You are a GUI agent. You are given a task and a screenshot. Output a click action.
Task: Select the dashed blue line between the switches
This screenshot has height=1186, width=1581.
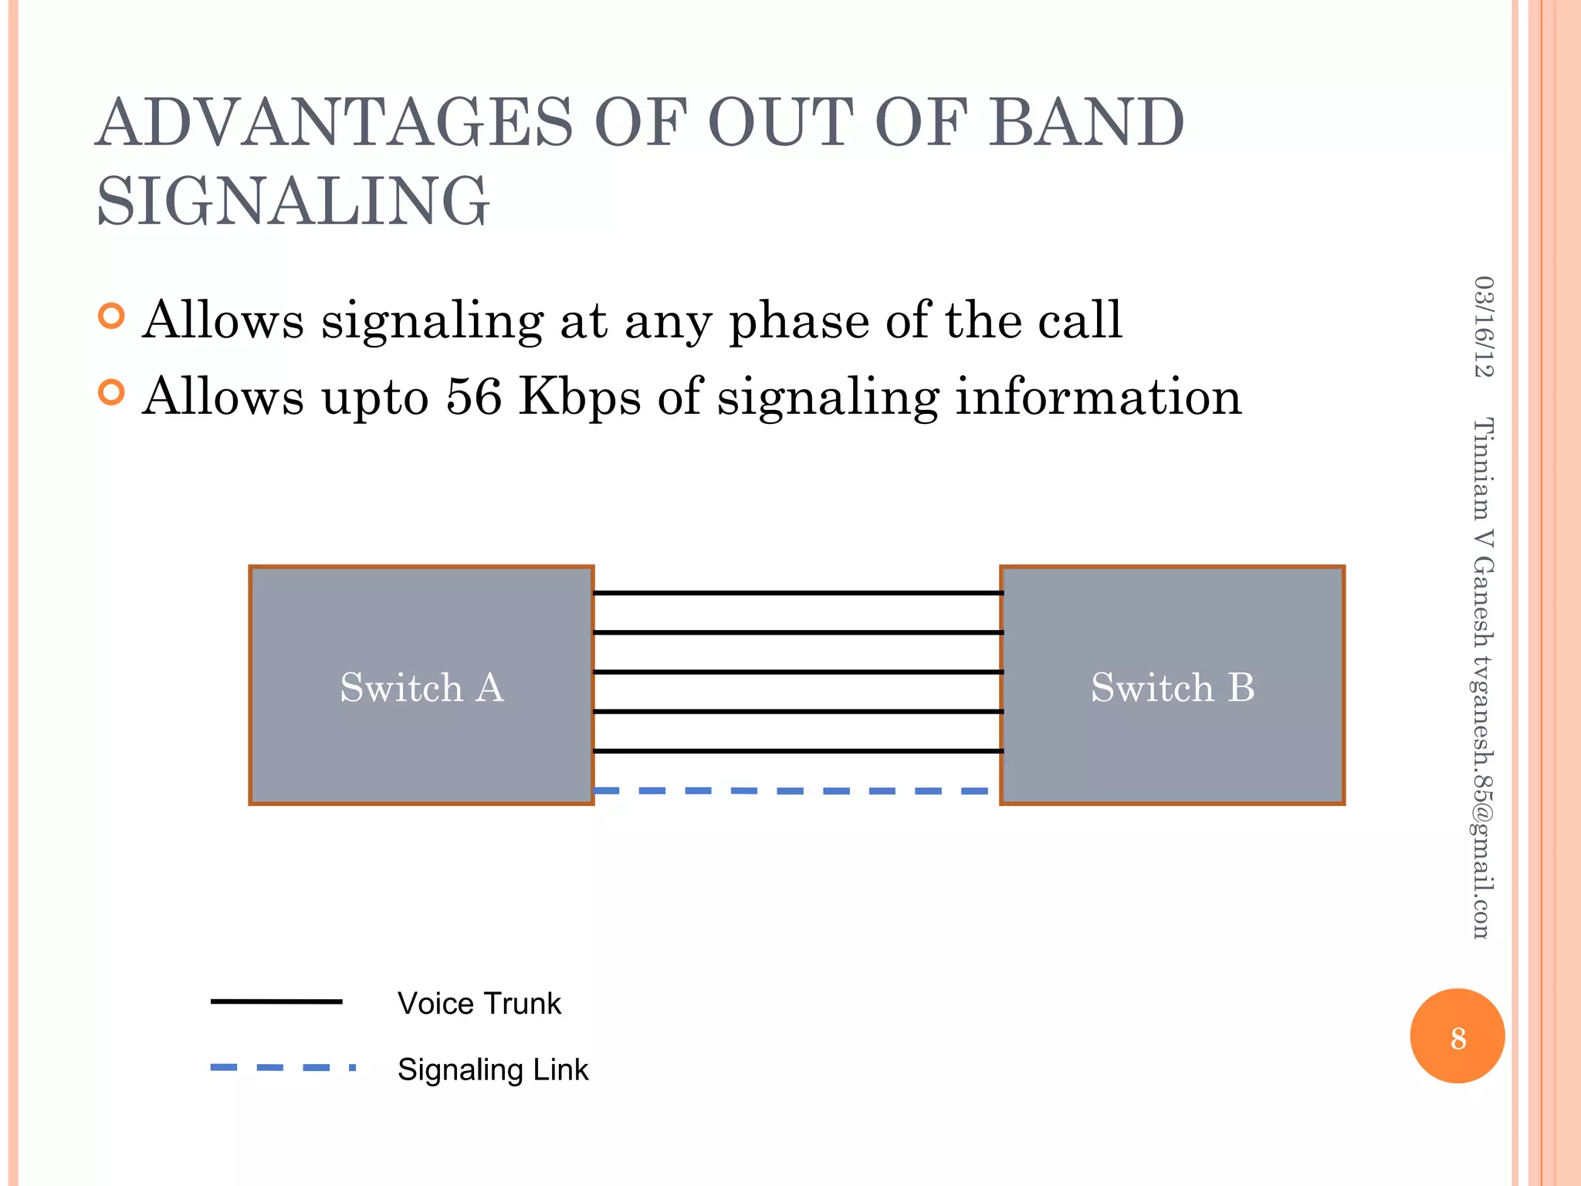click(795, 791)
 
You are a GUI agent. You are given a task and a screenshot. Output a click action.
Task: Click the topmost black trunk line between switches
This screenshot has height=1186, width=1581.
click(797, 593)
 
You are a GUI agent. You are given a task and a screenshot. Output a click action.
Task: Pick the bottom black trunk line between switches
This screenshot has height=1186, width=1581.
click(797, 751)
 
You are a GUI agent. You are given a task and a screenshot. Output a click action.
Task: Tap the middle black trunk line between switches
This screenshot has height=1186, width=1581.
click(797, 672)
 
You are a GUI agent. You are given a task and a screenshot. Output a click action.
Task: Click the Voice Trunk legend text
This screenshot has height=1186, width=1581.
click(479, 1004)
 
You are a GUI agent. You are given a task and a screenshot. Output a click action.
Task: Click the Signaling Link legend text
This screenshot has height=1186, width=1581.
click(493, 1070)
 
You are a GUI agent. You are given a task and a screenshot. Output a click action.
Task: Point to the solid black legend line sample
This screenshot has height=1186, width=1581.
click(276, 1001)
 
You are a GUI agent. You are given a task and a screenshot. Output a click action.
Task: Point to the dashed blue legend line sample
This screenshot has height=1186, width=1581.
click(282, 1068)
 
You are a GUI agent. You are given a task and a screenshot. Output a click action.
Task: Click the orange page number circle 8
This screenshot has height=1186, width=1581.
click(1457, 1036)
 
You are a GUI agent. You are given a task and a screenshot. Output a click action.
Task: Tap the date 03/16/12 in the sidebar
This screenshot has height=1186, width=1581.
click(1483, 327)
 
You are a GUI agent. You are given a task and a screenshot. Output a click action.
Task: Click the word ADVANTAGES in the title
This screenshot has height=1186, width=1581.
click(334, 124)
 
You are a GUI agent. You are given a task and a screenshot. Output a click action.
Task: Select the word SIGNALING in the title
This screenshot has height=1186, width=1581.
click(293, 202)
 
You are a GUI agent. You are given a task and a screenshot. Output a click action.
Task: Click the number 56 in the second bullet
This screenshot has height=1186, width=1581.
click(473, 397)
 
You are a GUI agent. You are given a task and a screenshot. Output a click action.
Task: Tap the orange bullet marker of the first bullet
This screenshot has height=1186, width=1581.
click(112, 316)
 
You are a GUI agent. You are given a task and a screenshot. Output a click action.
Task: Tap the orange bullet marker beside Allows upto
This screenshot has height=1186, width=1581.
click(112, 393)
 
